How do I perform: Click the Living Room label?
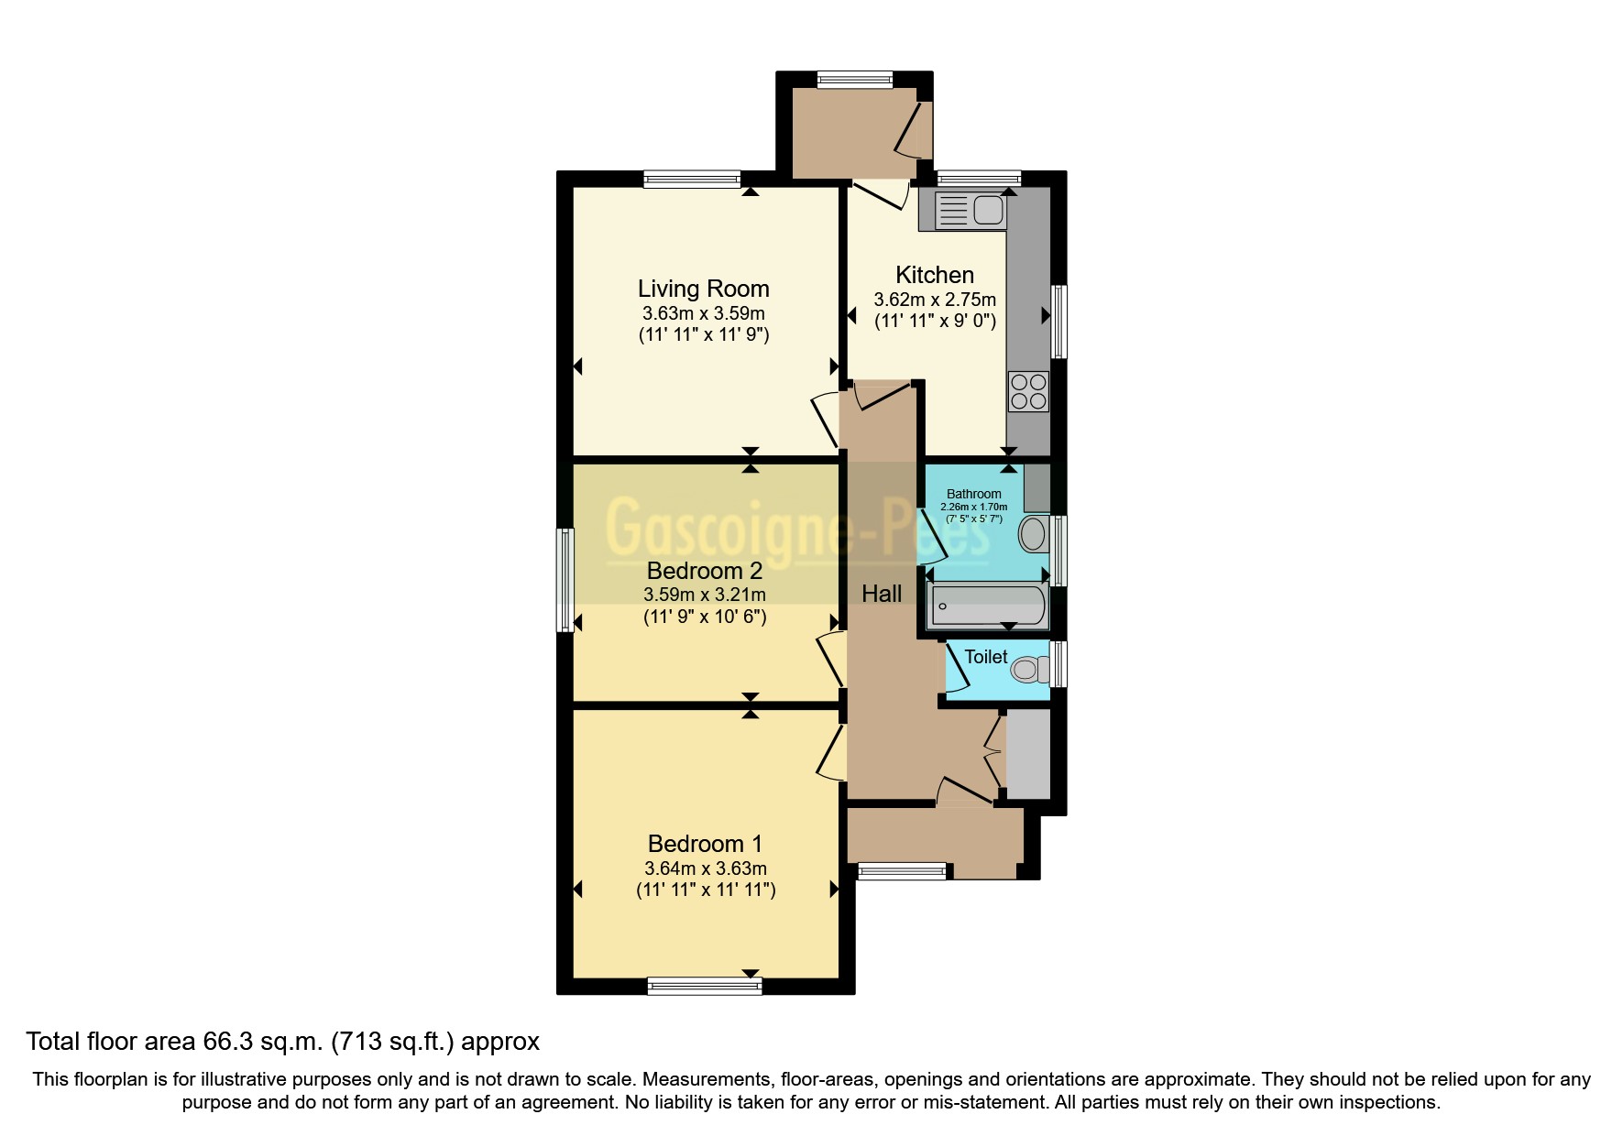click(703, 289)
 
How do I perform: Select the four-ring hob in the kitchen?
click(1027, 391)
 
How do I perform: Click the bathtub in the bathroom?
click(987, 606)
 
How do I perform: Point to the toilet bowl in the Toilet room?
click(1028, 670)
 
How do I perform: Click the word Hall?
click(882, 594)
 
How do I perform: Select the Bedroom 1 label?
click(704, 843)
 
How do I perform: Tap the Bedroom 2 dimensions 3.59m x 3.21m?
click(704, 595)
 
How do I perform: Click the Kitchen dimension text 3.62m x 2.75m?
click(934, 300)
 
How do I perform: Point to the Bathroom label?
click(973, 494)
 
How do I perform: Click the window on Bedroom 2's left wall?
click(565, 580)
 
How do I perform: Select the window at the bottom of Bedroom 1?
click(704, 986)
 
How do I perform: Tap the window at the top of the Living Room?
click(691, 179)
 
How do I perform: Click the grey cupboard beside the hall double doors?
click(1028, 754)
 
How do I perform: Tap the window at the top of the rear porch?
click(854, 80)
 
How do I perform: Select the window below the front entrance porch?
click(902, 871)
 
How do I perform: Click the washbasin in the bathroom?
click(1033, 534)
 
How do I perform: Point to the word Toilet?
click(985, 657)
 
